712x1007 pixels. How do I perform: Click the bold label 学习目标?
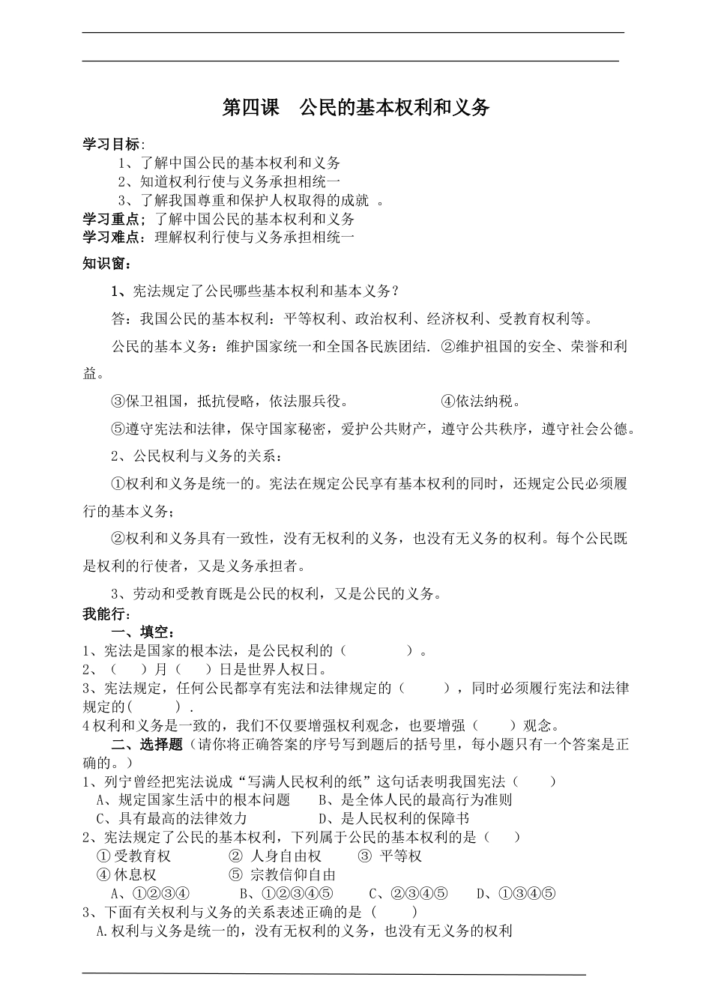click(x=110, y=145)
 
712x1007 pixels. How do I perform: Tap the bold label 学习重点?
click(x=110, y=220)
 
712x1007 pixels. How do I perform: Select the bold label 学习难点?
click(x=110, y=238)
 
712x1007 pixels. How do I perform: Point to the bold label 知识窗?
click(x=104, y=264)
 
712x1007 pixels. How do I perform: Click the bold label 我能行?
click(x=104, y=614)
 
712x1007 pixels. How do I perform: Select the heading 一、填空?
click(x=142, y=632)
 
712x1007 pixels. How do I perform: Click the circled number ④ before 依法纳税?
click(x=447, y=402)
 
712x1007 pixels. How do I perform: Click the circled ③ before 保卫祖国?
click(x=118, y=402)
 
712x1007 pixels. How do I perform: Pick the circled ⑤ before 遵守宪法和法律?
click(x=118, y=429)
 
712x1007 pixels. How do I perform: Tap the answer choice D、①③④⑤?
click(x=516, y=893)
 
